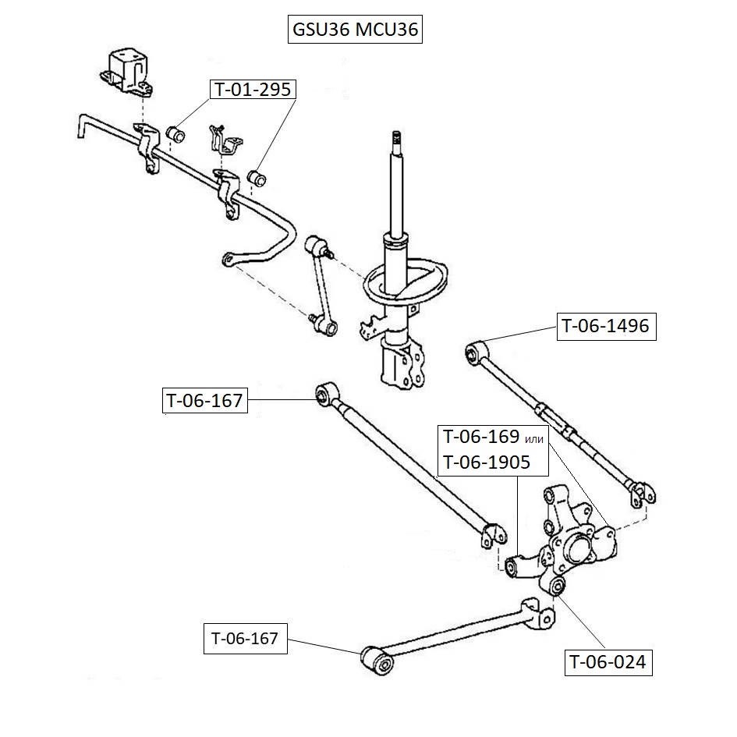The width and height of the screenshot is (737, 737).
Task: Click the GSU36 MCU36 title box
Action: [355, 31]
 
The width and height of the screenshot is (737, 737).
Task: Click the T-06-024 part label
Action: [607, 662]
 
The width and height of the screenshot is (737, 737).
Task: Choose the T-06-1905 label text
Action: [486, 462]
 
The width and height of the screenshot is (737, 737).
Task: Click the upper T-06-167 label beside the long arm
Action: [204, 401]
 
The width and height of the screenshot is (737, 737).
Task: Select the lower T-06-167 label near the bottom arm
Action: [244, 638]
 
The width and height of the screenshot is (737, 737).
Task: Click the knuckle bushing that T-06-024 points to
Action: [556, 586]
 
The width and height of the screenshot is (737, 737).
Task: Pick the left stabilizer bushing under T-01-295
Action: [177, 134]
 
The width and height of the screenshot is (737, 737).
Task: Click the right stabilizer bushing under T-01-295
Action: [257, 177]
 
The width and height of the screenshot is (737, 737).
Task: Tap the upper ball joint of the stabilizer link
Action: [317, 246]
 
